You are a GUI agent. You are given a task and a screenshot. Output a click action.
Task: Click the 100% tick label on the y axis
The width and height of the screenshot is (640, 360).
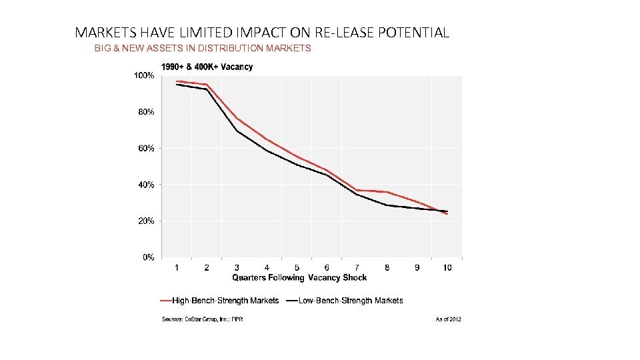145,76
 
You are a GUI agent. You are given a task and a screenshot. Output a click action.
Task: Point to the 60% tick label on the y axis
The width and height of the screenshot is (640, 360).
146,149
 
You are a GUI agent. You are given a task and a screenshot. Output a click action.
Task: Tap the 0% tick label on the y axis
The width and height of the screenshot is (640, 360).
149,257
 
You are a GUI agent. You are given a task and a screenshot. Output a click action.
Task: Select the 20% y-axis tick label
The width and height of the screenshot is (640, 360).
146,221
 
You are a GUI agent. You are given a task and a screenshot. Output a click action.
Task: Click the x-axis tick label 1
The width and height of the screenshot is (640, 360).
177,267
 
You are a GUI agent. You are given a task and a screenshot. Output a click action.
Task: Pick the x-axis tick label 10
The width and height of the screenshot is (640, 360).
447,267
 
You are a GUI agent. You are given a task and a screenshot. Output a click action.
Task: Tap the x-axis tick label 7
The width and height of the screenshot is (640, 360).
357,267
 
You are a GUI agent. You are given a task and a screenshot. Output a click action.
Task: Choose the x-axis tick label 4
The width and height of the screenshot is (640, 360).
267,267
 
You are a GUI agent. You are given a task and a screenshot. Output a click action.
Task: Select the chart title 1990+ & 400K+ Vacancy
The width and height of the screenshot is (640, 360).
207,67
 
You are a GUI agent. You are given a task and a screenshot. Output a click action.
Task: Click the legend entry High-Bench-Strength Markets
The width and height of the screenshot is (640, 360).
225,301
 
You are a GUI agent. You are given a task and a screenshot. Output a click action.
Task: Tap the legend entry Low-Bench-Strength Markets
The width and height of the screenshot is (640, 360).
351,301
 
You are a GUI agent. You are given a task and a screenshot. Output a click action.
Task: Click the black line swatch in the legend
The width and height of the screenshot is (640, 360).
292,301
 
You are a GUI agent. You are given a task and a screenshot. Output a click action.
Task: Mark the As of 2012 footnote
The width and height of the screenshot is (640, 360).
447,319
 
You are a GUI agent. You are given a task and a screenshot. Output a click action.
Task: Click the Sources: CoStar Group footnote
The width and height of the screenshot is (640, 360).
203,319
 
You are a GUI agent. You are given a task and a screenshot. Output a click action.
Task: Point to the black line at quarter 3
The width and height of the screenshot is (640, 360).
237,131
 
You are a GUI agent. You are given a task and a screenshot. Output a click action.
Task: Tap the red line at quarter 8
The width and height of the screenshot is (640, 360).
387,192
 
